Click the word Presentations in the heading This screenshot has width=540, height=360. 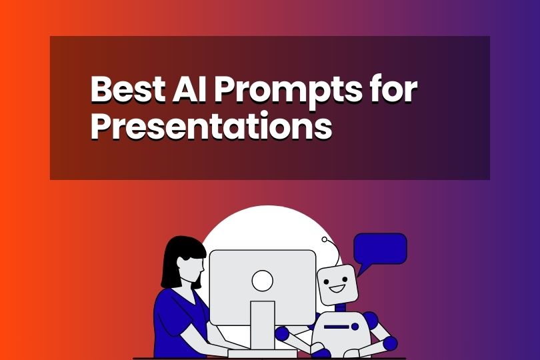tap(211, 126)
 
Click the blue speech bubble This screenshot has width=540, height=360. tap(379, 249)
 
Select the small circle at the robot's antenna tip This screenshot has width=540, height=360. tap(325, 239)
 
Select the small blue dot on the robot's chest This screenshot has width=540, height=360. tap(355, 327)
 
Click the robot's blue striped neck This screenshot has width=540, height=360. tap(341, 307)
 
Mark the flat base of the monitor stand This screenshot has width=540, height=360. tap(262, 352)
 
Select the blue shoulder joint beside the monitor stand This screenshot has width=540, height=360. tap(282, 333)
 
